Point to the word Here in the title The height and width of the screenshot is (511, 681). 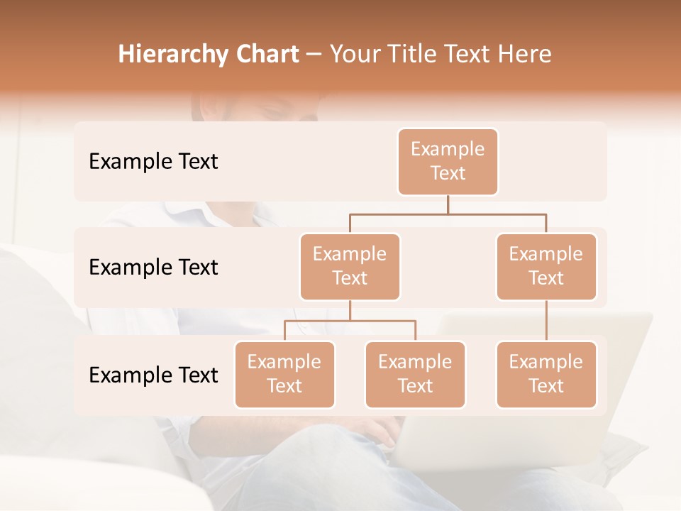(525, 54)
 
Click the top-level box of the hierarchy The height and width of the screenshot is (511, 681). (448, 161)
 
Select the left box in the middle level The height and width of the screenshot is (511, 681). (350, 266)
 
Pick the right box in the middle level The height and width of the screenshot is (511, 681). (546, 266)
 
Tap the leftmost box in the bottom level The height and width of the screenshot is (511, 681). (284, 374)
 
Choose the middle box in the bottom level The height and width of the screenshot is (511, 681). (415, 374)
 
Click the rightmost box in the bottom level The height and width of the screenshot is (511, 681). (546, 374)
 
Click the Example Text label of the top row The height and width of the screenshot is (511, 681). (153, 161)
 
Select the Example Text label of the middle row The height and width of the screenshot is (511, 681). (153, 267)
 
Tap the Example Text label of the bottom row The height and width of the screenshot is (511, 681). (153, 375)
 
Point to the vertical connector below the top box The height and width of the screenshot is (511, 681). (448, 204)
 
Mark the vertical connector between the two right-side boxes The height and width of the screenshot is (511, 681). (546, 321)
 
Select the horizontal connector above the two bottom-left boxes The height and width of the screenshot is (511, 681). (350, 321)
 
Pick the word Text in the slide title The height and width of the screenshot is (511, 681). (472, 54)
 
